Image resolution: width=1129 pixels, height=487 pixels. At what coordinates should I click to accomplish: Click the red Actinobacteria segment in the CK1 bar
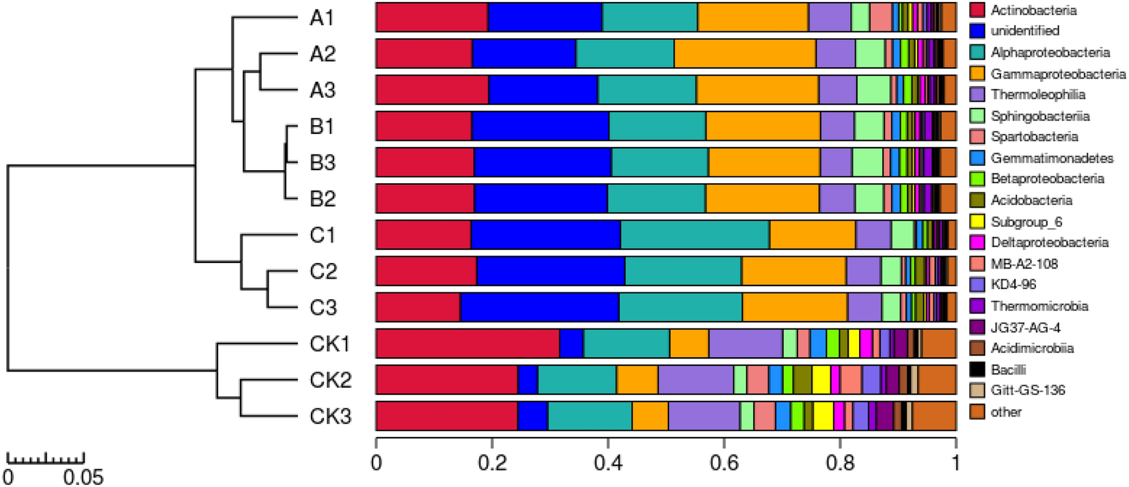(467, 343)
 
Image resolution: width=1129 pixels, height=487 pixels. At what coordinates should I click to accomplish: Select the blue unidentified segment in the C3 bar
(539, 307)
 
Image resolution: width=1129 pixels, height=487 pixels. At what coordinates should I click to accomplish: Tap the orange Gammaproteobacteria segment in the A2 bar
(745, 53)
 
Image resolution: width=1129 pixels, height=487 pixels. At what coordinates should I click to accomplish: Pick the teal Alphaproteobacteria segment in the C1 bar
(695, 235)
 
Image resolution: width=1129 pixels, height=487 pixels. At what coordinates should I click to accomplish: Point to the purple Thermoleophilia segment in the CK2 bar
(696, 379)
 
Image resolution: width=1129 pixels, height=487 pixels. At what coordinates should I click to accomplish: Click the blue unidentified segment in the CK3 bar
(532, 415)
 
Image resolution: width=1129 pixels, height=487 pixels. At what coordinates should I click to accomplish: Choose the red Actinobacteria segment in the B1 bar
(424, 126)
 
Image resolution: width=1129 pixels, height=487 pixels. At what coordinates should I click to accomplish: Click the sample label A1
(322, 17)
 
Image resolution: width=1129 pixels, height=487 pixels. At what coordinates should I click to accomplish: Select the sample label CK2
(330, 379)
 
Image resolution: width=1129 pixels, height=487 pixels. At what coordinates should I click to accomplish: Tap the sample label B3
(323, 163)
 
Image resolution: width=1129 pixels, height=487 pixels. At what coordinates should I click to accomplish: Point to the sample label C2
(323, 271)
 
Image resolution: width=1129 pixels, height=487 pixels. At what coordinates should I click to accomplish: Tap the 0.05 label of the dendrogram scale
(83, 476)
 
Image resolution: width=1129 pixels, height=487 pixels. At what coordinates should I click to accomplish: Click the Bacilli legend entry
(1008, 370)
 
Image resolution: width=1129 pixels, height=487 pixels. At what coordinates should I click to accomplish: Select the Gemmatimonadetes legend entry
(1052, 158)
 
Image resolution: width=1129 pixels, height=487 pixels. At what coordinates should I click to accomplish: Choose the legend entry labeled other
(1006, 412)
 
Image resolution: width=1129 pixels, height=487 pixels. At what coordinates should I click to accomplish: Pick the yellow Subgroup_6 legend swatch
(977, 221)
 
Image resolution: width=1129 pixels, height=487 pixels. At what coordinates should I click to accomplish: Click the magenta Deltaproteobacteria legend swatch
(977, 242)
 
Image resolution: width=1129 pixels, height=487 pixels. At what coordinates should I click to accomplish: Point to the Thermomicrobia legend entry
(1039, 306)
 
